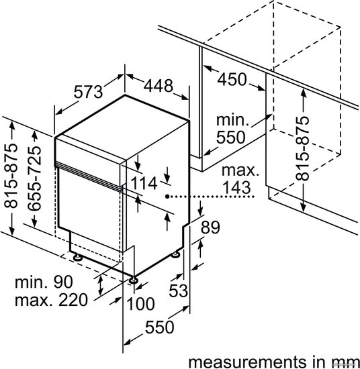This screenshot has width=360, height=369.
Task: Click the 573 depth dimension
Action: [89, 92]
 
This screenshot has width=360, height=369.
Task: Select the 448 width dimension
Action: [159, 86]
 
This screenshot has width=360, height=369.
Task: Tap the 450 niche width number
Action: [232, 79]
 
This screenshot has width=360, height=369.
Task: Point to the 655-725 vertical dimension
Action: [34, 178]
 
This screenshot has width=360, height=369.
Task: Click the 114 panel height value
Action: [144, 183]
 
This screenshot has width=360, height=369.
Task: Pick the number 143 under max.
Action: [236, 187]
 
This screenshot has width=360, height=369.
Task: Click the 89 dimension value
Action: [210, 227]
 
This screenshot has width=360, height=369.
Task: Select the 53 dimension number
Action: [179, 291]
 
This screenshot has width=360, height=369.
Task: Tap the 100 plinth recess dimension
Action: [140, 303]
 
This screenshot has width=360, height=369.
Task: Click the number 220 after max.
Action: [73, 300]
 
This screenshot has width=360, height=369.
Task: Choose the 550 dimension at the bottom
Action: [159, 327]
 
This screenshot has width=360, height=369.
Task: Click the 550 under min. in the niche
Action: [231, 137]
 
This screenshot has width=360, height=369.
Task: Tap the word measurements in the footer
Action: [246, 362]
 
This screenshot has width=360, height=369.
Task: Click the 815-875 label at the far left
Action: [11, 176]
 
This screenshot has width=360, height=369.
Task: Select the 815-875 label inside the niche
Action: [302, 148]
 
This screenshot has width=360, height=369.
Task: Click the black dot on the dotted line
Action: [167, 196]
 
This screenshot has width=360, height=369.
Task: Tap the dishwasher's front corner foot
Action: [134, 280]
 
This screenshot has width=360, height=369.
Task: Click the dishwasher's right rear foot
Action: [176, 254]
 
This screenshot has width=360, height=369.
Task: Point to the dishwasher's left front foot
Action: [77, 257]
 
